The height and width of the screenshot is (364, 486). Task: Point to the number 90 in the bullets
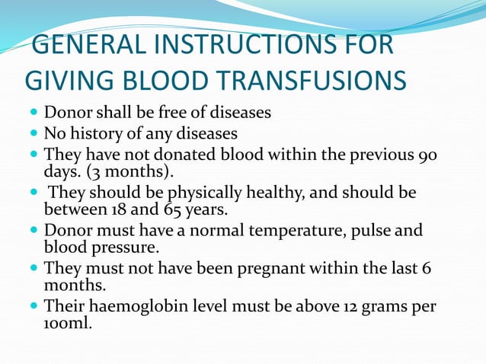pyautogui.click(x=428, y=155)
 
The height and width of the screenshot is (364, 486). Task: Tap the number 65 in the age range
pyautogui.click(x=171, y=209)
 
